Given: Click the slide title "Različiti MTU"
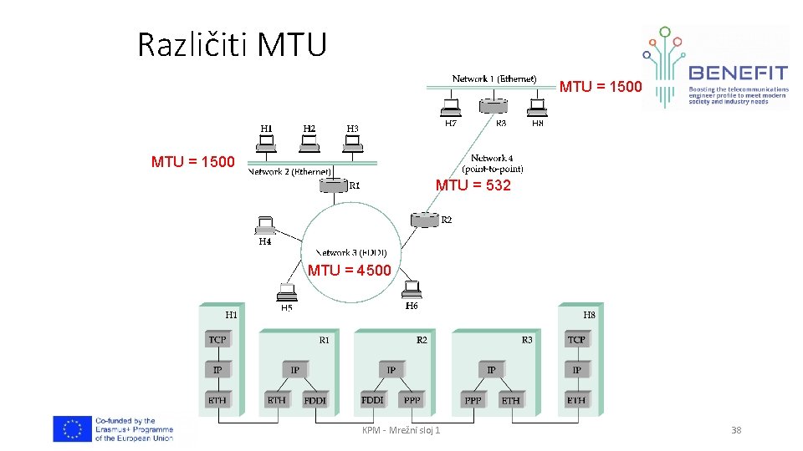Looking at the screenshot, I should click(232, 44).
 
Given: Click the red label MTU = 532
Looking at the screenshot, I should click(473, 185).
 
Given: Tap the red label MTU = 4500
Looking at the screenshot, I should click(349, 270).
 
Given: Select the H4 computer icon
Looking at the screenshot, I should click(265, 226).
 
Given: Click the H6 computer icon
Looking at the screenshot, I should click(411, 289).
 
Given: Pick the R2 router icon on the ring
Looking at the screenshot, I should click(424, 220).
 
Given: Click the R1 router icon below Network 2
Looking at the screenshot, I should click(333, 185).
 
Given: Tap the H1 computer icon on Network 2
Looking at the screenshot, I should click(267, 143).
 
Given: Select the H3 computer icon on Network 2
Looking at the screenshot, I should click(353, 143).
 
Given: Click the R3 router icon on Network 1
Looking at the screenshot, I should click(494, 106).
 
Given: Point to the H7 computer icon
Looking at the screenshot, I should click(451, 107).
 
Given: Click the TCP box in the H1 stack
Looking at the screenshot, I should click(217, 340).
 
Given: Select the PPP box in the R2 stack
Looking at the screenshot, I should click(412, 400).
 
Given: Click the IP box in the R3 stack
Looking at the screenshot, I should click(491, 370).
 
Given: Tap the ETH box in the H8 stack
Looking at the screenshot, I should click(576, 400).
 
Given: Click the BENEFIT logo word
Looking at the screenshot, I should click(737, 73).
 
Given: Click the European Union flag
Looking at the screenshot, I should click(72, 429).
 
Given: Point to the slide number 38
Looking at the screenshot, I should click(736, 430).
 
